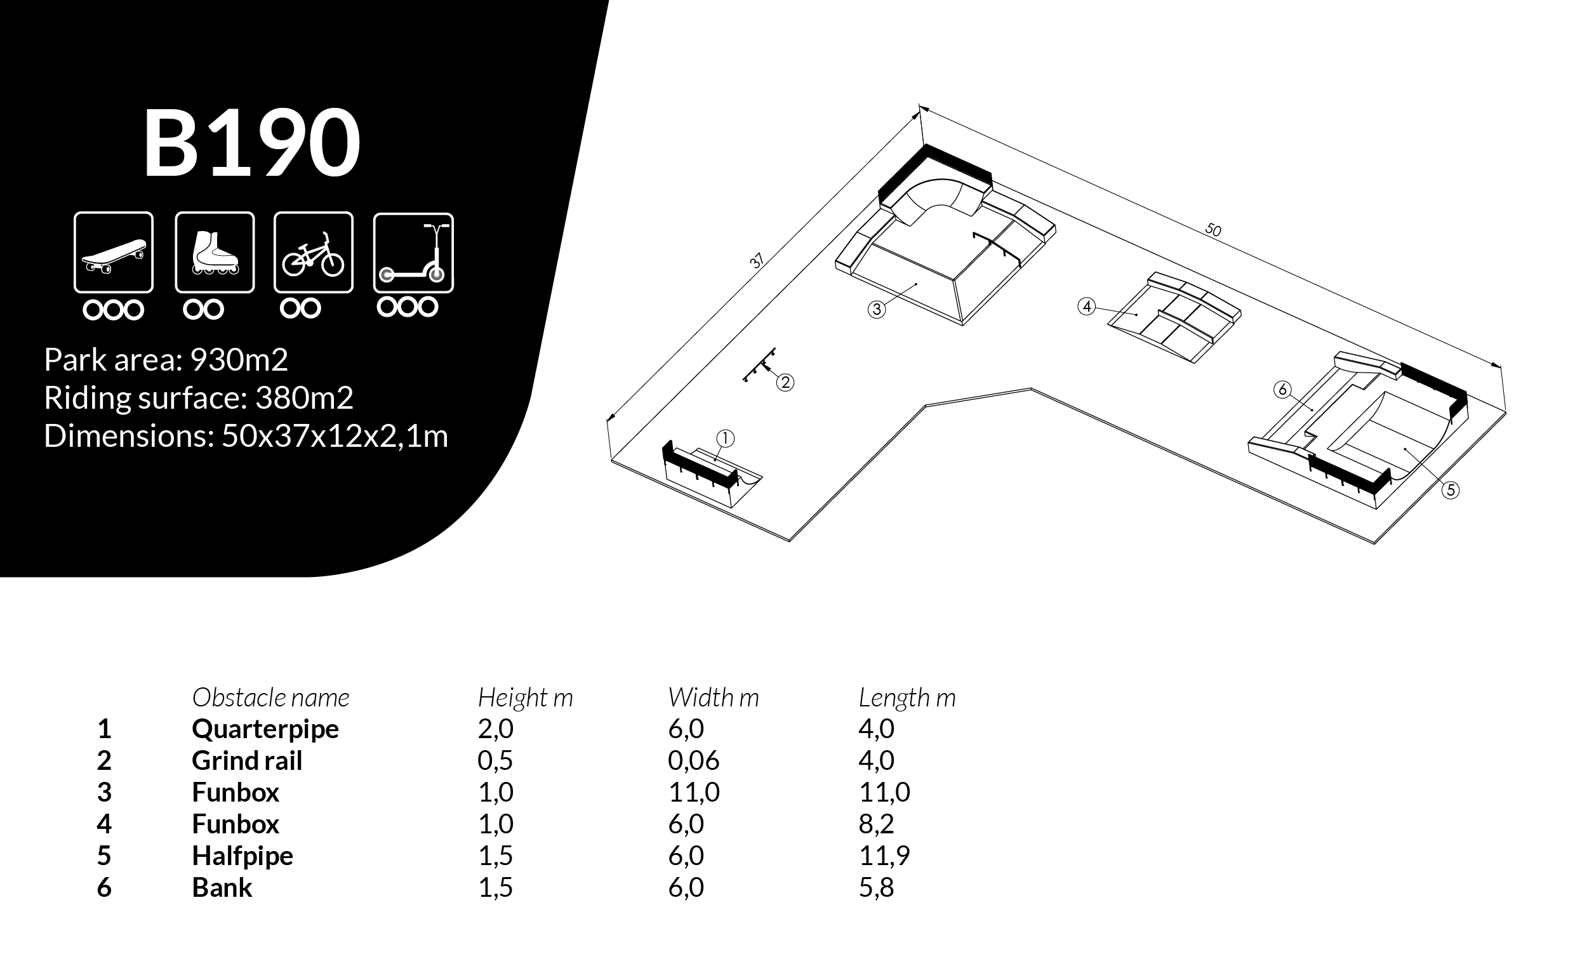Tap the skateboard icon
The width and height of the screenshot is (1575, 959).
(114, 253)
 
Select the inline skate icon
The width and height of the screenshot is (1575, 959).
(215, 253)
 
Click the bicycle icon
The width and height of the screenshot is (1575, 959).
(313, 253)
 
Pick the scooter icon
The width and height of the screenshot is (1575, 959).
(413, 253)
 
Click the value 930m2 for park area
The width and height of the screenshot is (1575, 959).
(239, 360)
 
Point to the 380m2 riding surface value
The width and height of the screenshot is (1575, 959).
(304, 398)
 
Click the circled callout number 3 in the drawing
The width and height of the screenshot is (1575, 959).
(876, 310)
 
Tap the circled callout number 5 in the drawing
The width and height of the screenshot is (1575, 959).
(1451, 490)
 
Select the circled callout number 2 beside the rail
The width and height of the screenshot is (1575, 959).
(785, 383)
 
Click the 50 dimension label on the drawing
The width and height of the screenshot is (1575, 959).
(1213, 229)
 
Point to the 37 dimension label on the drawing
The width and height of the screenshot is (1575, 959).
(757, 261)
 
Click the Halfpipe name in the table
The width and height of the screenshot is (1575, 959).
(243, 856)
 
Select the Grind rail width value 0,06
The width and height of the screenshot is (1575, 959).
(693, 760)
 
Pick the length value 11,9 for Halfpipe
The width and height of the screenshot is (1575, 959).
(884, 856)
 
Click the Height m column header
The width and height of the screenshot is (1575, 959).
(525, 698)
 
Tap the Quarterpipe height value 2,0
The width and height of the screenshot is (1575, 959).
(495, 729)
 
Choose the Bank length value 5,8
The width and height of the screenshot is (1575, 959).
(875, 887)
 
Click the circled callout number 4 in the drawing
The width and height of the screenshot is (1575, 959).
(1086, 307)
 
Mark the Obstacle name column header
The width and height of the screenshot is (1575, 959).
(270, 698)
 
